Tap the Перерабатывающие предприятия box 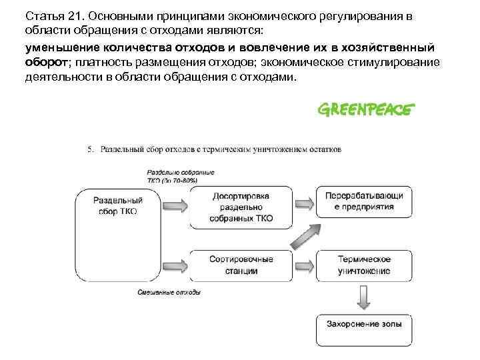(x=364, y=201)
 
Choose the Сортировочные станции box (x=241, y=265)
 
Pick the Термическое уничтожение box (x=364, y=265)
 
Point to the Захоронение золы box (x=364, y=325)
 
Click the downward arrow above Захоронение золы (x=364, y=296)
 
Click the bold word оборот (x=46, y=63)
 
